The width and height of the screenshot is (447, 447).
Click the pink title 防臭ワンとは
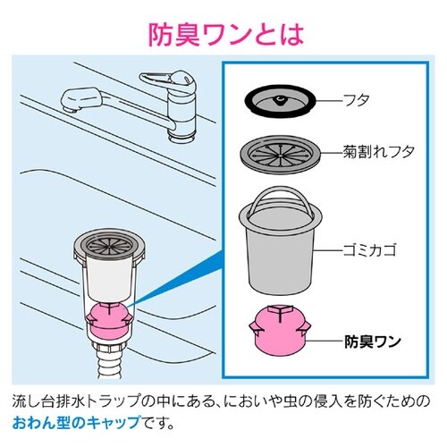pos(223,34)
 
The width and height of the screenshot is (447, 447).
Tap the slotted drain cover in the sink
pos(112,242)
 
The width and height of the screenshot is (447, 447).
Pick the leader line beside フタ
pos(326,101)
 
